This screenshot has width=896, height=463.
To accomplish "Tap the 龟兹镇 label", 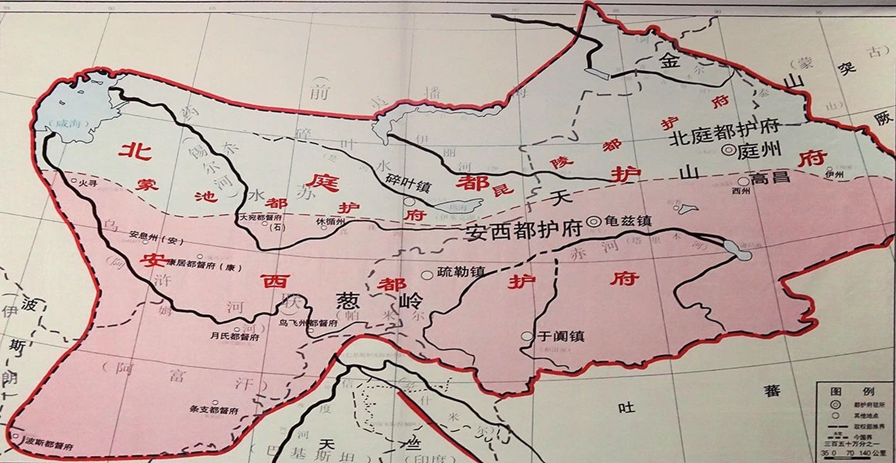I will point(628,221).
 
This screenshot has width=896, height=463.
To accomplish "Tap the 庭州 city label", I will point(759,149).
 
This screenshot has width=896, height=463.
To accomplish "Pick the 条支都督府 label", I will point(214,411).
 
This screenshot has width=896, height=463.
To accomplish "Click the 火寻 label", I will point(89,183).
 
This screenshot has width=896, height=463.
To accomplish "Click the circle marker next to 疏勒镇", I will point(428,275).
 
